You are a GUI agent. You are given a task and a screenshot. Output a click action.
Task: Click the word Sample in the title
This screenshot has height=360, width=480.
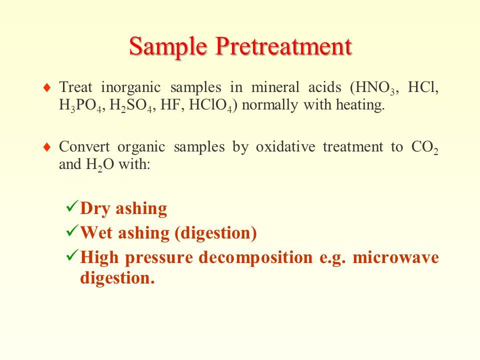168,46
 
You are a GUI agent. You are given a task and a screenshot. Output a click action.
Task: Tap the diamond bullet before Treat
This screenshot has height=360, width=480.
47,88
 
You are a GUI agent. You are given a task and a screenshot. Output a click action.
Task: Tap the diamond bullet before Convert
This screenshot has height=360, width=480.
47,147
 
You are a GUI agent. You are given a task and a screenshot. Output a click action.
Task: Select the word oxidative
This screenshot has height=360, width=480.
285,146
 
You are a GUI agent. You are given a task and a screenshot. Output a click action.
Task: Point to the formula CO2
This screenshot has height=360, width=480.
425,147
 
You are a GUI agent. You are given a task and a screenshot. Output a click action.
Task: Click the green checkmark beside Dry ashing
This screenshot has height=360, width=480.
72,206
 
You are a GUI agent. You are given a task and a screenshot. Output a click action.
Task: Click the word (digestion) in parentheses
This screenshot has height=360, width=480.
215,233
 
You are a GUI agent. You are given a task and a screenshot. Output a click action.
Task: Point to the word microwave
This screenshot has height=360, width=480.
396,257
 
